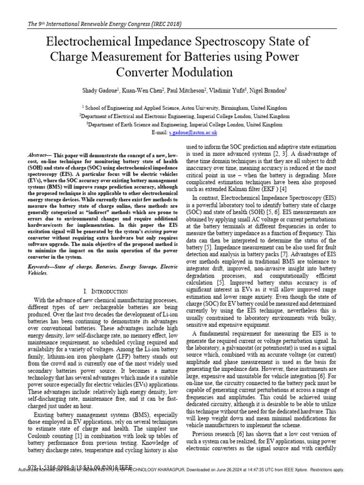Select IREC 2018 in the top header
pos(164,24)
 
